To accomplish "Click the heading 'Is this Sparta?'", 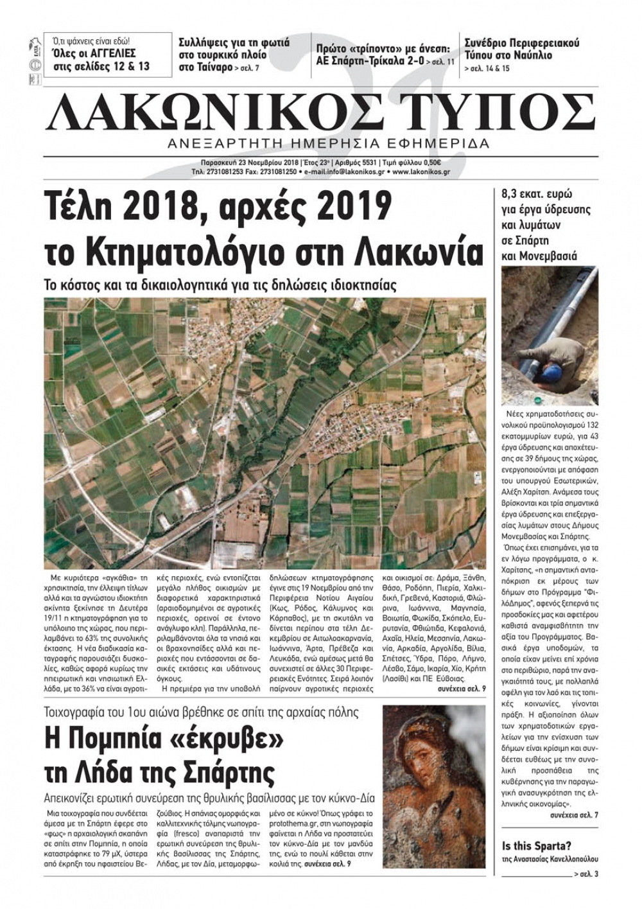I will click(537, 845).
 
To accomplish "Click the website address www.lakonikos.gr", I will click(420, 172).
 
